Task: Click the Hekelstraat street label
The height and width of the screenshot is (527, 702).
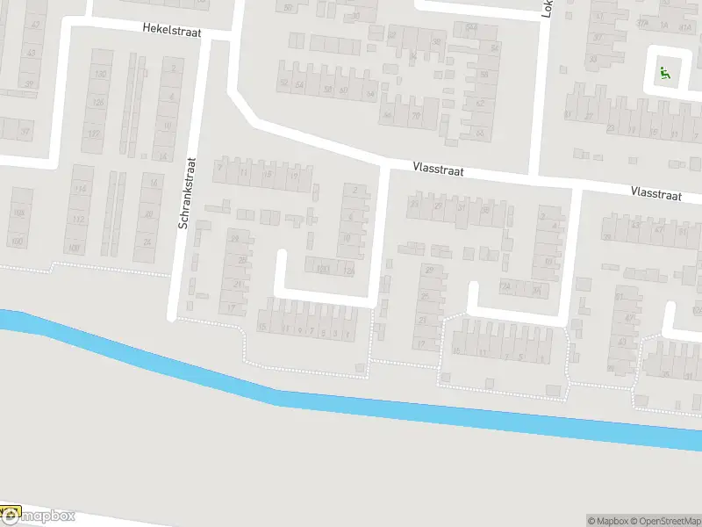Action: click(x=174, y=29)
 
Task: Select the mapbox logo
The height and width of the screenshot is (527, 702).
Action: click(x=39, y=516)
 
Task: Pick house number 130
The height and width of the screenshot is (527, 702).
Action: click(x=99, y=75)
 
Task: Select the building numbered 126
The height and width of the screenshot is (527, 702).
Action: click(x=98, y=103)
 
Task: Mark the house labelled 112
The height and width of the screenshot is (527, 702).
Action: click(x=79, y=219)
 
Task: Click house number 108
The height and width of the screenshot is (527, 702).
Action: click(x=18, y=213)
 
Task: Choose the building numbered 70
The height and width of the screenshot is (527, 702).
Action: click(x=414, y=115)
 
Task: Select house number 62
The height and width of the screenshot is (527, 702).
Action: click(x=480, y=103)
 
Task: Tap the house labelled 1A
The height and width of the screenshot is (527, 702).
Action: click(x=664, y=25)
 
